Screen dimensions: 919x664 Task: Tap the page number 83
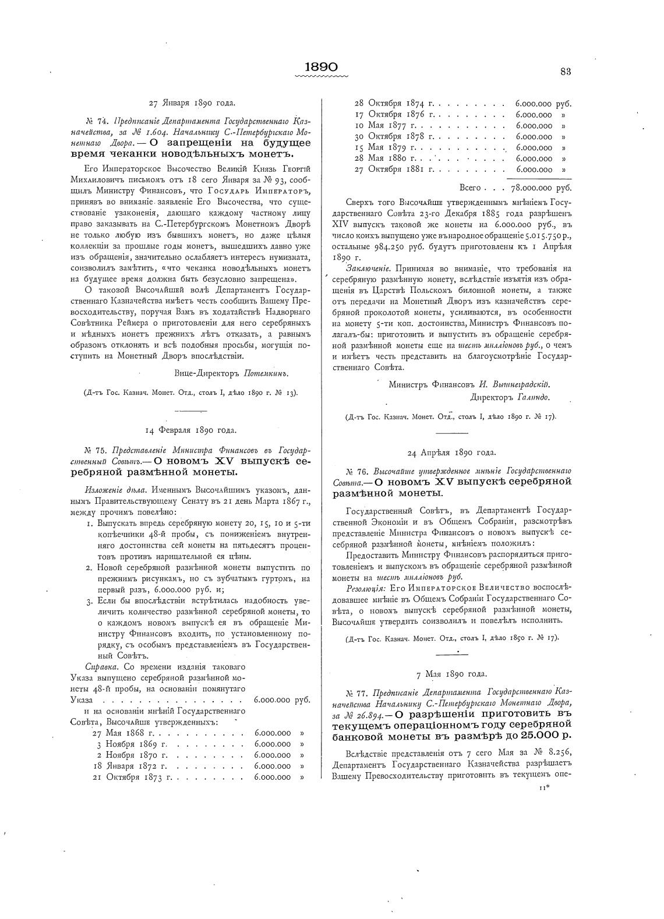(x=565, y=72)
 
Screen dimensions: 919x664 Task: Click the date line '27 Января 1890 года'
(x=192, y=103)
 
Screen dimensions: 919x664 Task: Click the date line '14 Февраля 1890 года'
(x=190, y=430)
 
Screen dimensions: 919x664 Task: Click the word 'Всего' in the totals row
(x=470, y=188)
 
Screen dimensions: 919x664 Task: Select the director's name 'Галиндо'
(x=534, y=397)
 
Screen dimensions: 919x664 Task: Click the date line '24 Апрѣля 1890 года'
(x=451, y=452)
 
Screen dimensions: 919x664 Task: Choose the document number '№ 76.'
(x=359, y=471)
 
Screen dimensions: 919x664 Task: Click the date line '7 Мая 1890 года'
(x=451, y=674)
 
